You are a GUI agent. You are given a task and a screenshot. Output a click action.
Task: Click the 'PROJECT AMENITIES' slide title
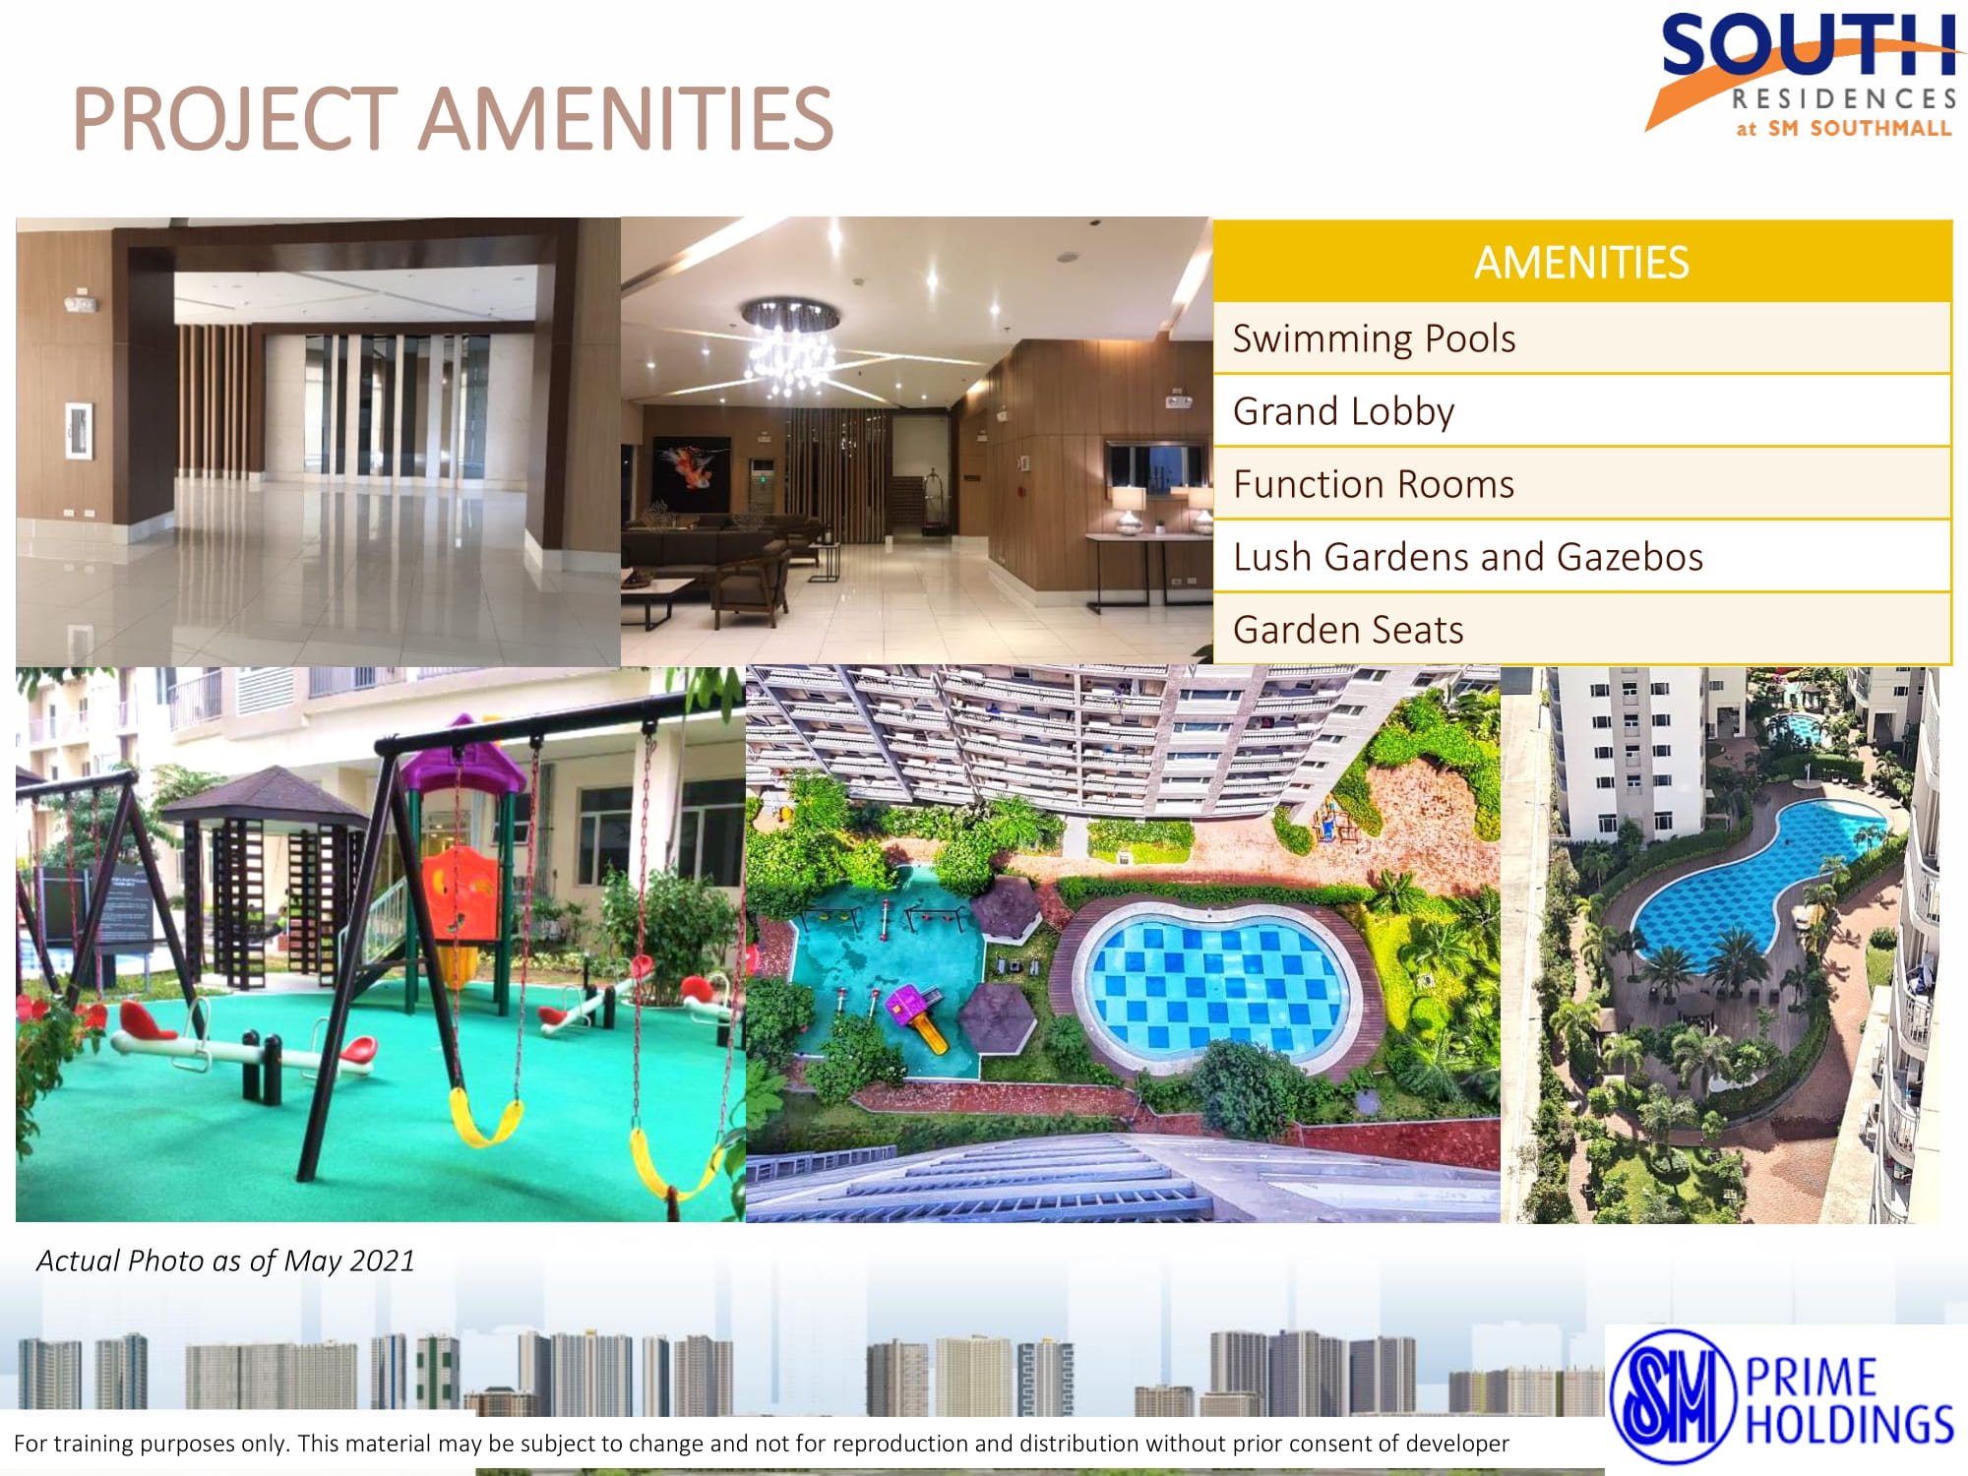tap(453, 118)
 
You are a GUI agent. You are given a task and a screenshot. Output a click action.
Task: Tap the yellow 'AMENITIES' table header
tap(1582, 262)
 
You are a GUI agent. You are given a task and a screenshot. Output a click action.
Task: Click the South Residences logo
tap(1803, 75)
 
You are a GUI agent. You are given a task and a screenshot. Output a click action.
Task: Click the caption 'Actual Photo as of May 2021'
tap(225, 1261)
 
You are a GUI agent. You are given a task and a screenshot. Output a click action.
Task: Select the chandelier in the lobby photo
tap(790, 342)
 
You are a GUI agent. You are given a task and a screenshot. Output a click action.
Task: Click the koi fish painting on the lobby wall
tap(692, 472)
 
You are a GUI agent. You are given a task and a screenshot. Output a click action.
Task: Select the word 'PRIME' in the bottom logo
tap(1811, 1378)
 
